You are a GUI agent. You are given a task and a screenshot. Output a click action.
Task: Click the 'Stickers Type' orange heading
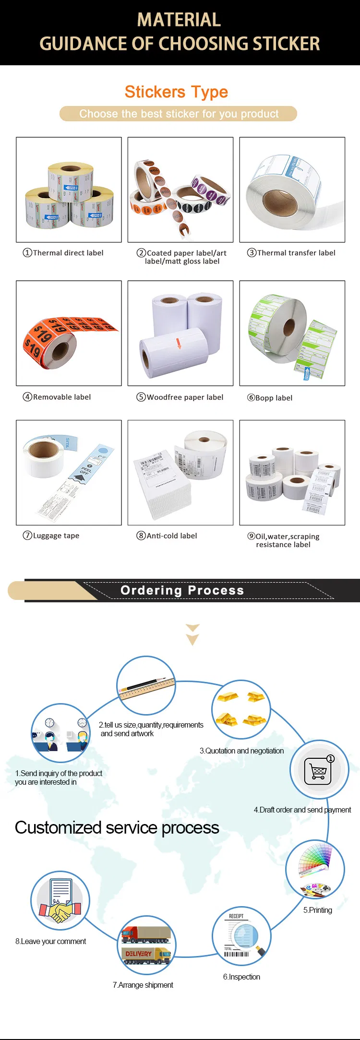176,92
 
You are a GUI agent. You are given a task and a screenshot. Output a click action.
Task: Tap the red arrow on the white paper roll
179,343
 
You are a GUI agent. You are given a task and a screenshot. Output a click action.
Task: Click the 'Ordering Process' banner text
182,590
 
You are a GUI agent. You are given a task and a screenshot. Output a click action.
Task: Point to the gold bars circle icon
241,709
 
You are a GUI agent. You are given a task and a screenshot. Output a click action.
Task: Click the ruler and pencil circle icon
146,686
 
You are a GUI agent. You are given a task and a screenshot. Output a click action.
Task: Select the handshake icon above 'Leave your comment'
60,901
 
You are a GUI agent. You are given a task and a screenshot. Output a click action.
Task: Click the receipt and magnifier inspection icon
241,936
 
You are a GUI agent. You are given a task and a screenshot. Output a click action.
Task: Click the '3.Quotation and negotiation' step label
241,751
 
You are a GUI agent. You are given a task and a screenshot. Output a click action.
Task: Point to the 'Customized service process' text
117,828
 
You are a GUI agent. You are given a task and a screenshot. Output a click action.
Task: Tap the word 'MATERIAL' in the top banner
179,20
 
